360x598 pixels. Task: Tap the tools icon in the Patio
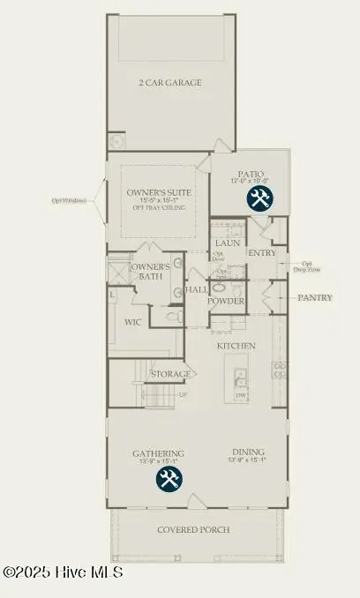pyautogui.click(x=259, y=198)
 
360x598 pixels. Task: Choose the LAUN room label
pyautogui.click(x=228, y=243)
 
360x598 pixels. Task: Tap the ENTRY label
pyautogui.click(x=262, y=253)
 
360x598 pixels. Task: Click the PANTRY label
pyautogui.click(x=314, y=298)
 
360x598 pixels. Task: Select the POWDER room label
pyautogui.click(x=226, y=302)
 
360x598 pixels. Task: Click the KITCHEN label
pyautogui.click(x=236, y=346)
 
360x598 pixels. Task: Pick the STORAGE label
pyautogui.click(x=170, y=374)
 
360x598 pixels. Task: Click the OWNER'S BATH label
pyautogui.click(x=149, y=272)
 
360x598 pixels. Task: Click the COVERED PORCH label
pyautogui.click(x=193, y=530)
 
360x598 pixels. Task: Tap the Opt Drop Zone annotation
pyautogui.click(x=307, y=266)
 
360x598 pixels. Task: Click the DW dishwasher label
pyautogui.click(x=240, y=396)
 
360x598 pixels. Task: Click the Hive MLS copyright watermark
pyautogui.click(x=63, y=572)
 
